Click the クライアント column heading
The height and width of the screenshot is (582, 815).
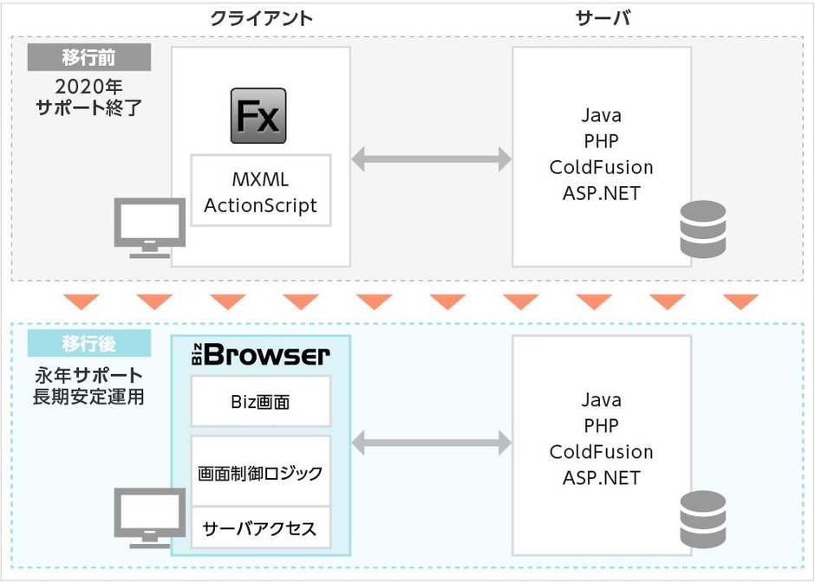tap(261, 17)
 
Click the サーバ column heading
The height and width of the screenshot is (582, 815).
tap(602, 17)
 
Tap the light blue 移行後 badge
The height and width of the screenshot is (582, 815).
tap(88, 343)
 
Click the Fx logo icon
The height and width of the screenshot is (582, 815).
tap(258, 115)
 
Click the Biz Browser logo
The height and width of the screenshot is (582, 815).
tap(260, 355)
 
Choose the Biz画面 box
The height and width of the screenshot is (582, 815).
tap(260, 403)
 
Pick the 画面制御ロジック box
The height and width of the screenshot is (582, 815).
tap(260, 473)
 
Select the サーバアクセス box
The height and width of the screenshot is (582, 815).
tap(260, 528)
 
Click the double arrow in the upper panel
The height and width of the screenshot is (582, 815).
tap(432, 159)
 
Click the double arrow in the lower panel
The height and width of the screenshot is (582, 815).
tap(432, 444)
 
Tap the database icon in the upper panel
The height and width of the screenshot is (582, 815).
tap(702, 229)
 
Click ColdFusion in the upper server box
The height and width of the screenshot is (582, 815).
tap(601, 166)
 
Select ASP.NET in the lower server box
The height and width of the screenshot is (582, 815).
tap(601, 477)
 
